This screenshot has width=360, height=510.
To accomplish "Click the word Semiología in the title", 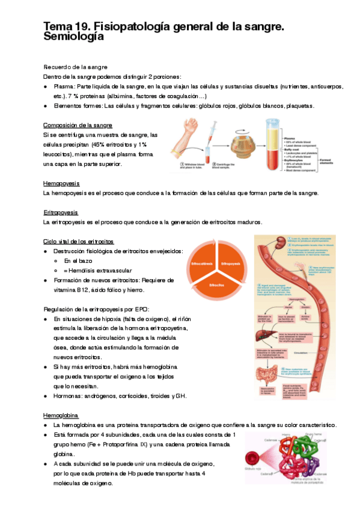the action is tap(74, 37).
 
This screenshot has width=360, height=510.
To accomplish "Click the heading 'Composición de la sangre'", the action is tap(78, 125).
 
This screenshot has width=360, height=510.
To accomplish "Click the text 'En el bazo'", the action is tap(79, 260).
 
